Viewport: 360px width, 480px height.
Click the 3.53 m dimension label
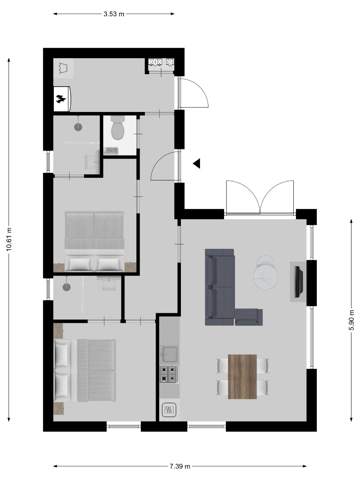114,14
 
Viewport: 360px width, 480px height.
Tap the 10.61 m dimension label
9,240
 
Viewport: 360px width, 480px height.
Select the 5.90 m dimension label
352,320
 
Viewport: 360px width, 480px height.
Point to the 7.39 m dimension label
180,466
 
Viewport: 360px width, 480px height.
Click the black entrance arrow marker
196,164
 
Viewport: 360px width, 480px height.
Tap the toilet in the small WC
117,128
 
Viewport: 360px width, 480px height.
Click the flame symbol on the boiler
61,99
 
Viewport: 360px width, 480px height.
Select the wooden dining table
243,376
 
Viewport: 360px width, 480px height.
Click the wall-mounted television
299,282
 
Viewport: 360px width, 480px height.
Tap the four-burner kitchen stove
169,374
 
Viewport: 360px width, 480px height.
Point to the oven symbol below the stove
169,410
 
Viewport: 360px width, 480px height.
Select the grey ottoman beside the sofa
249,317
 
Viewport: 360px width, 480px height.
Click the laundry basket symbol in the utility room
64,68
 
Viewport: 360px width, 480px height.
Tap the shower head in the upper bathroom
78,127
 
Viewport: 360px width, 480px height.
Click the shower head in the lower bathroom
66,287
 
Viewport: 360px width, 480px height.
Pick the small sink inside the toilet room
112,151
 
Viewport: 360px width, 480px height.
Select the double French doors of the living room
260,197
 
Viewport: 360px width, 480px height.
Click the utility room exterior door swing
193,92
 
